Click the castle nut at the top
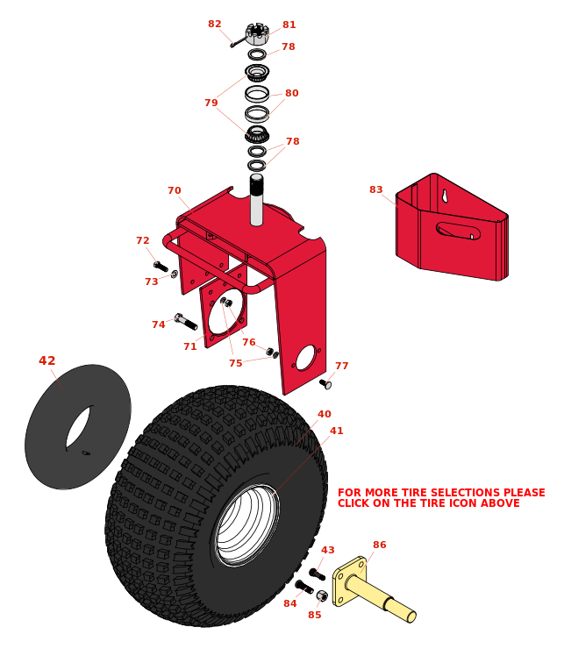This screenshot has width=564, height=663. pyautogui.click(x=257, y=33)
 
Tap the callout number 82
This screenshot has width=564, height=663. pyautogui.click(x=215, y=25)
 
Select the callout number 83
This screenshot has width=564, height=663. pyautogui.click(x=375, y=190)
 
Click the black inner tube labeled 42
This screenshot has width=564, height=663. pyautogui.click(x=77, y=427)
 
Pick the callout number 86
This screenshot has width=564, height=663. pyautogui.click(x=379, y=545)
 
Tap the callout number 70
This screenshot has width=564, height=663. pyautogui.click(x=175, y=191)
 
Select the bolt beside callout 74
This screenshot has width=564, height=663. pyautogui.click(x=186, y=322)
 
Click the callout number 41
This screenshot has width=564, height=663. pyautogui.click(x=337, y=431)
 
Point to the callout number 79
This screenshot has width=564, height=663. pyautogui.click(x=211, y=103)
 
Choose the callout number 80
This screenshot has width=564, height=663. pyautogui.click(x=291, y=94)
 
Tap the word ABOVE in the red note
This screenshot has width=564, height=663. pyautogui.click(x=500, y=503)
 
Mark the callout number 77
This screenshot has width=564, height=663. pyautogui.click(x=341, y=367)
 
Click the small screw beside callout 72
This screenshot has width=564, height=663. pyautogui.click(x=161, y=267)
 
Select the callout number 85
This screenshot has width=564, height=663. pyautogui.click(x=314, y=615)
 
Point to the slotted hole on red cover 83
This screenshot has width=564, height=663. pyautogui.click(x=458, y=231)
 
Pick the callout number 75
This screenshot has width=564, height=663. pyautogui.click(x=235, y=364)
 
